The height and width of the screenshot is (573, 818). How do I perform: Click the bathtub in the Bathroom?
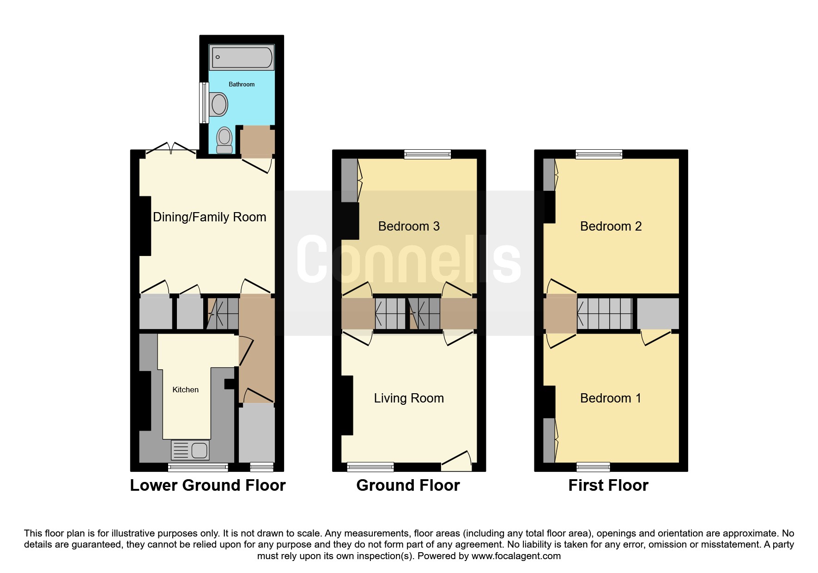click(242, 57)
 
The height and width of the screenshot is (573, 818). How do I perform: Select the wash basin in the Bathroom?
click(218, 104)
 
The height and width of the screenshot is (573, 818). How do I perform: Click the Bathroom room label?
click(242, 84)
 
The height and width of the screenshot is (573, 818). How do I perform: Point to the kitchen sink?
click(190, 450)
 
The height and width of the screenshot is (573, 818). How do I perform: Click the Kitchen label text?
click(186, 390)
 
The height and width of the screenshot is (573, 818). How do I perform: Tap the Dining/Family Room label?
click(210, 217)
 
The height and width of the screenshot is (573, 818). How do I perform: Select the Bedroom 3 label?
click(409, 226)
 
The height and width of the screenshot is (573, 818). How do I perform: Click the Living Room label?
click(409, 398)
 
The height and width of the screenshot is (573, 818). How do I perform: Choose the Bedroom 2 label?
click(611, 226)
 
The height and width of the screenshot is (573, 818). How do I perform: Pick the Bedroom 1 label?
click(611, 398)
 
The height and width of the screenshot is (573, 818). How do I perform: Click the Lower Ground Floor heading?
click(208, 485)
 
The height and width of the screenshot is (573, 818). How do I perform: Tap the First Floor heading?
click(608, 485)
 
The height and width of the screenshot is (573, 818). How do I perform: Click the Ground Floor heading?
click(408, 485)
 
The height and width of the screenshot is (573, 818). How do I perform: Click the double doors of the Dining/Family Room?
click(171, 148)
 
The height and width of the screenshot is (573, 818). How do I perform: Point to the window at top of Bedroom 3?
click(428, 154)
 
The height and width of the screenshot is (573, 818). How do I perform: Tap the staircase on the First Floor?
click(605, 313)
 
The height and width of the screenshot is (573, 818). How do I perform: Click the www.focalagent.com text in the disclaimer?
click(516, 556)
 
